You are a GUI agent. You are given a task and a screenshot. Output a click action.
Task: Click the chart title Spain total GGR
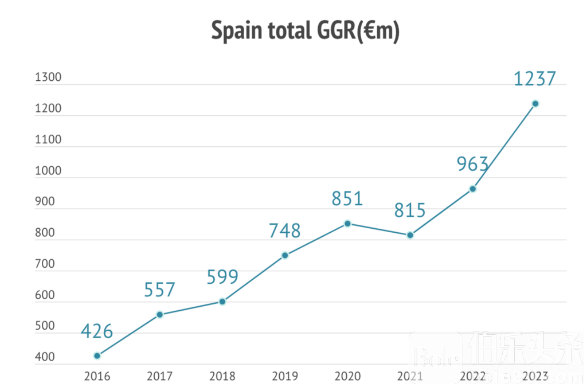click(305, 30)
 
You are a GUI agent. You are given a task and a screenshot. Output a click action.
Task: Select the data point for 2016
click(97, 356)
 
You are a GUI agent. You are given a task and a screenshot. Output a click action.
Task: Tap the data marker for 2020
click(347, 223)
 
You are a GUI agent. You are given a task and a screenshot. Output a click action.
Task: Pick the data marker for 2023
click(535, 104)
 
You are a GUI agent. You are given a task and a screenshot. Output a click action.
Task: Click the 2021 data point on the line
click(410, 235)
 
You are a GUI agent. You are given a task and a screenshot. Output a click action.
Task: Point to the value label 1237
click(534, 78)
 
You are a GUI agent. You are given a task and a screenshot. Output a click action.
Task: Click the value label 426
click(96, 331)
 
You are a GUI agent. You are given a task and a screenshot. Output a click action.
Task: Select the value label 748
click(284, 230)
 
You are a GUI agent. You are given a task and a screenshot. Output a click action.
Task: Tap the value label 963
click(472, 164)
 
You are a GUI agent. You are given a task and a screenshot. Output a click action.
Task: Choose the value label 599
click(222, 277)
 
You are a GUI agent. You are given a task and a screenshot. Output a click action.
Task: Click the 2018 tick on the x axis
click(222, 377)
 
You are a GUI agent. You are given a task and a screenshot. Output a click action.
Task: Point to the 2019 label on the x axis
click(285, 377)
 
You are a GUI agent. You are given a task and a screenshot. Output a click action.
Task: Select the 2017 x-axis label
click(159, 377)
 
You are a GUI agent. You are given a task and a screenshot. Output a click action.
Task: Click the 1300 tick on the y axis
click(48, 78)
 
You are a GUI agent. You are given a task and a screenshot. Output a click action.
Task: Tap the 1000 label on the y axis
click(48, 171)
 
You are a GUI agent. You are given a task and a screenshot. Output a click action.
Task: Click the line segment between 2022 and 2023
click(504, 146)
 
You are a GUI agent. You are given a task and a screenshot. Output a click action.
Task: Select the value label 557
click(159, 290)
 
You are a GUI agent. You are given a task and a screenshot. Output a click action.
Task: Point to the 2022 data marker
click(473, 189)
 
